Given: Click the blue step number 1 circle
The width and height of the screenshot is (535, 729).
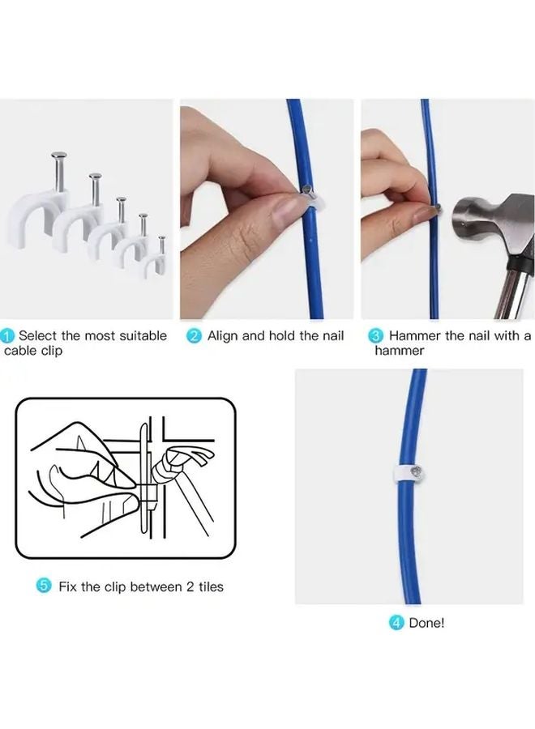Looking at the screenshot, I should (7, 336).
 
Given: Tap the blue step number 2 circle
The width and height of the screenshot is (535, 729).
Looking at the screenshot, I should (195, 336).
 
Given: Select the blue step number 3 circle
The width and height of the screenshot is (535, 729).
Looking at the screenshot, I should (376, 336).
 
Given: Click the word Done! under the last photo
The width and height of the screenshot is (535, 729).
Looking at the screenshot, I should (426, 623).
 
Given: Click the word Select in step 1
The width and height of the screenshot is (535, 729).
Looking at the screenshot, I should (36, 336).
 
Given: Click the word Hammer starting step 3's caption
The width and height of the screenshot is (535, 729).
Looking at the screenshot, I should (414, 336).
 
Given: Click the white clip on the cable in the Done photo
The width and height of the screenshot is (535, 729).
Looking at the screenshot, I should (408, 471).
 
